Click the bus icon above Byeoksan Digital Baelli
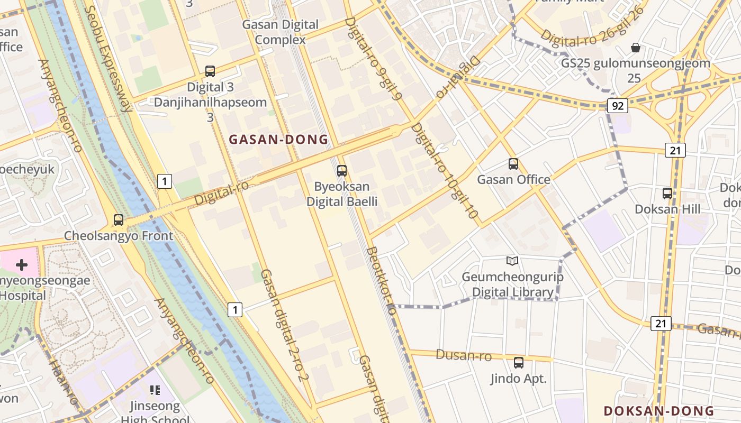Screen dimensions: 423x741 (x=342, y=170)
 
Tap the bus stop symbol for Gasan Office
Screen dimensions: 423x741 (x=513, y=164)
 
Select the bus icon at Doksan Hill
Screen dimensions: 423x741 (x=667, y=194)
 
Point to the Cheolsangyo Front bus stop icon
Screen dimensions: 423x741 (x=119, y=220)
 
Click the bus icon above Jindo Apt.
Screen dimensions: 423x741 (x=519, y=363)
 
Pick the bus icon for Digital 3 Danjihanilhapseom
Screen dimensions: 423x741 (x=210, y=71)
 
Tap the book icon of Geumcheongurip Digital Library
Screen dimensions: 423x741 (x=512, y=261)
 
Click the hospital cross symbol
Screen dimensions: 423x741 (x=22, y=264)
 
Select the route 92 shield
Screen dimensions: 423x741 (x=617, y=106)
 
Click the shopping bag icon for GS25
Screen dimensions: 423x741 (x=636, y=48)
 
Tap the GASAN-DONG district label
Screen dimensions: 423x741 (x=278, y=140)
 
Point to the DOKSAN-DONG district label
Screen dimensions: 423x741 (x=659, y=411)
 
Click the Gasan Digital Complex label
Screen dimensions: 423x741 (x=281, y=32)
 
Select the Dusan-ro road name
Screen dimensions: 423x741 (x=464, y=355)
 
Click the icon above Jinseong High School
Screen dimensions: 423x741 (x=155, y=390)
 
